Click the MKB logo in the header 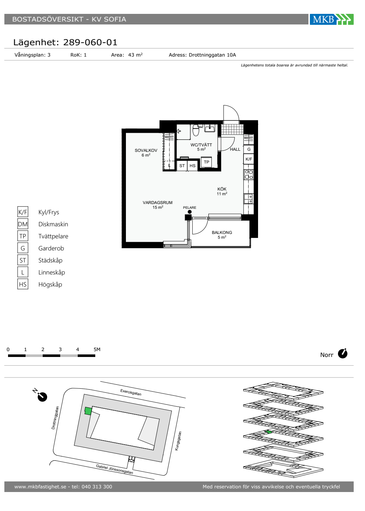(x=331, y=19)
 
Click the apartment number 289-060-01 (x=90, y=42)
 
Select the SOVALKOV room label (x=146, y=150)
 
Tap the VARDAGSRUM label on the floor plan (x=158, y=202)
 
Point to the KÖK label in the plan (x=222, y=189)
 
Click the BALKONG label (x=222, y=233)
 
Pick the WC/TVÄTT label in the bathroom (x=201, y=145)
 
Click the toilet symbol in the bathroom (x=196, y=130)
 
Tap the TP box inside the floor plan (x=207, y=162)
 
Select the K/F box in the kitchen (x=249, y=159)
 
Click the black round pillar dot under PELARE (x=189, y=212)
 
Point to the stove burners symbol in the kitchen (x=249, y=174)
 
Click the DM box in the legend (x=23, y=224)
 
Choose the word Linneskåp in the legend (x=51, y=272)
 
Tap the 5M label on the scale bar (x=97, y=349)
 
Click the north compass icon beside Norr (x=342, y=354)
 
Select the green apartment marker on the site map (x=88, y=411)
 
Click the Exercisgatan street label (x=131, y=392)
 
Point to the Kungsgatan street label (x=178, y=441)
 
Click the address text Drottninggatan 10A (x=212, y=55)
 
